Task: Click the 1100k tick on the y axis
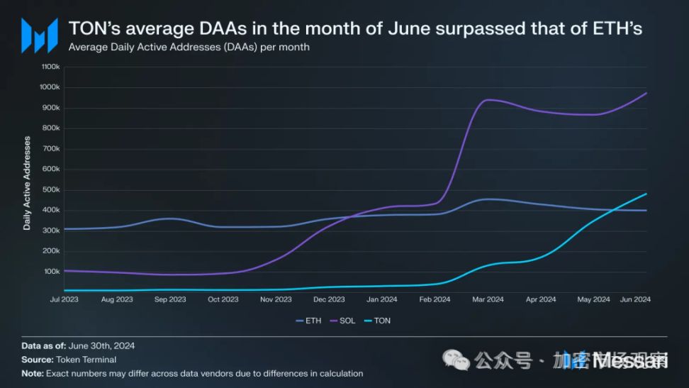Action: (x=50, y=67)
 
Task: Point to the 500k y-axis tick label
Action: (x=51, y=189)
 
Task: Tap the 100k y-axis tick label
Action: (x=51, y=272)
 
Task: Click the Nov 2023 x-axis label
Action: (x=275, y=299)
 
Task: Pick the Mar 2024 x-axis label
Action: (x=488, y=299)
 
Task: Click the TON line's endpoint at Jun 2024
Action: (x=646, y=194)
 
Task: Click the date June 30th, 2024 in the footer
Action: (x=101, y=346)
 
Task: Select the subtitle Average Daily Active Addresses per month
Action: (x=189, y=48)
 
